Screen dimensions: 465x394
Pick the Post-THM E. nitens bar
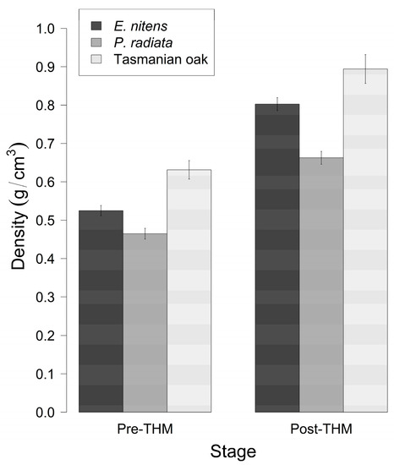277,258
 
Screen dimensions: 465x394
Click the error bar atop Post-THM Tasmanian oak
365,68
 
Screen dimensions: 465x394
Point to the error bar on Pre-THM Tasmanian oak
189,169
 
